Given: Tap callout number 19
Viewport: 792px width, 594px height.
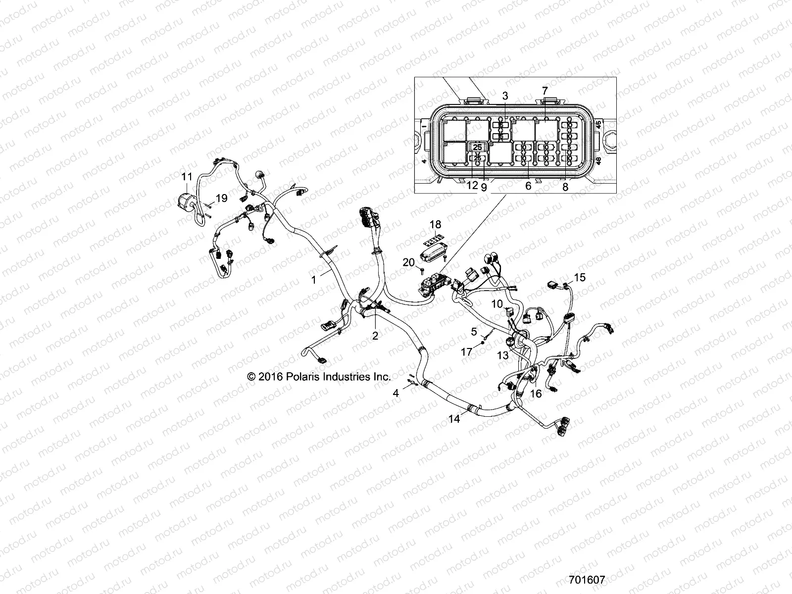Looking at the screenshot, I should pos(221,198).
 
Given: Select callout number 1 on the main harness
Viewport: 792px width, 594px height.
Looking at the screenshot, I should pos(313,280).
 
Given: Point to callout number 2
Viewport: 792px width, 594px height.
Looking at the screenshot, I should pos(375,336).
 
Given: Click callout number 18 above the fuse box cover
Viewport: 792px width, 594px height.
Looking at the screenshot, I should pos(435,225).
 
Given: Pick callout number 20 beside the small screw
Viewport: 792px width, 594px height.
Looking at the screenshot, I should pos(408,262).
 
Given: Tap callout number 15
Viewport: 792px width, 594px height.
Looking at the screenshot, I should pos(580,277).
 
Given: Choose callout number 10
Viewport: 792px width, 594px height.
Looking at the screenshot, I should pos(497,303).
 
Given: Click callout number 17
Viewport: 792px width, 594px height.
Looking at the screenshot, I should pos(467,352).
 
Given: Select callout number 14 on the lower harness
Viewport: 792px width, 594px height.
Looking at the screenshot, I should pos(454,419).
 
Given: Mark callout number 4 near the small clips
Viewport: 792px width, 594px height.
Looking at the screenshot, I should pos(396,394).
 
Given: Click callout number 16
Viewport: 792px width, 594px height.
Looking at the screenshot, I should pos(536,394).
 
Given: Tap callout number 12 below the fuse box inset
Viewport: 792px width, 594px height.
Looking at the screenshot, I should pos(472,186).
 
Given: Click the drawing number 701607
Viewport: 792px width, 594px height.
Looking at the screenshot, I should pos(587,580).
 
